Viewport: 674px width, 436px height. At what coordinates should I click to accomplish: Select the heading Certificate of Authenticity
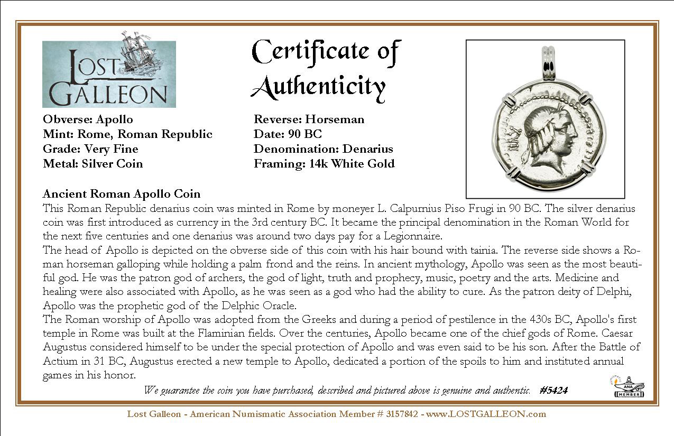[326, 69]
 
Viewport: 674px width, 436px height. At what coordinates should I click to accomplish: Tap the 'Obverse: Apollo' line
[88, 119]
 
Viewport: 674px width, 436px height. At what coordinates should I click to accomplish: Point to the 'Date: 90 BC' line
[288, 134]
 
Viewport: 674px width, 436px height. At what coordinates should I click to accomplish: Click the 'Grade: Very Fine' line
[90, 149]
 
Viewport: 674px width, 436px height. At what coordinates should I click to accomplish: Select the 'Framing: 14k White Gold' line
[324, 164]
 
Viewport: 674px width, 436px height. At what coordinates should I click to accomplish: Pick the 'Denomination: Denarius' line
[323, 149]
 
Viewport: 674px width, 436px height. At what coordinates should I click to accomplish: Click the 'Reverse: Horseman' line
[309, 119]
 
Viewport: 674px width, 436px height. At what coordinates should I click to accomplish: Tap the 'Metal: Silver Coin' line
[93, 164]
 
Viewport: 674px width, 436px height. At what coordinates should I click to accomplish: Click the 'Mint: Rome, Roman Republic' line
[127, 134]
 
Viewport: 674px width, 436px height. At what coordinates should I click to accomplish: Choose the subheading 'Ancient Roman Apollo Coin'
[122, 194]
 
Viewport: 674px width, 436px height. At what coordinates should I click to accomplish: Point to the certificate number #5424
[554, 391]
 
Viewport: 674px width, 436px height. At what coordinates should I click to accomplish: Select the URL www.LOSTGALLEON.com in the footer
[486, 414]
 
